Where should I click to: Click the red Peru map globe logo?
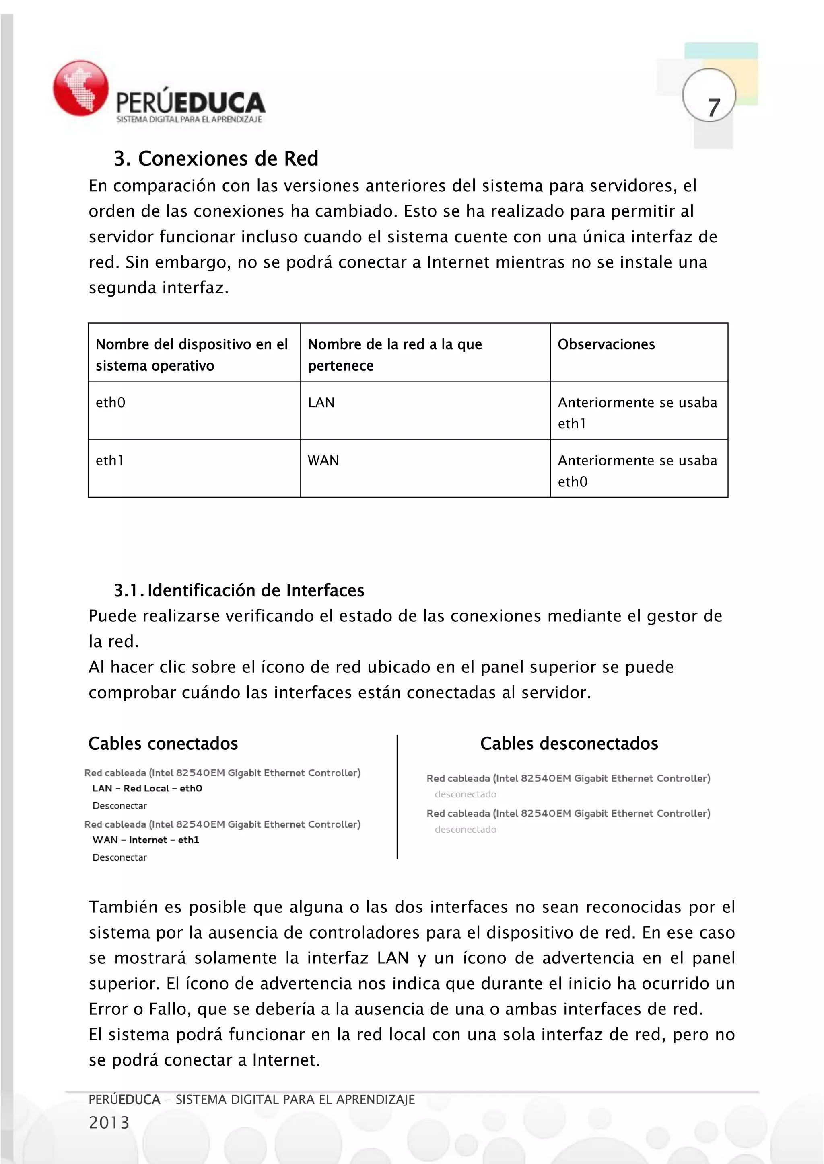pos(81,88)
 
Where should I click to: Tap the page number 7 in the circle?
pos(713,107)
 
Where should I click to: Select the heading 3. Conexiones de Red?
pos(216,159)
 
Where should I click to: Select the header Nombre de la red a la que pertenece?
pos(394,355)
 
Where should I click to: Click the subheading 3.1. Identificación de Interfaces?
pos(239,590)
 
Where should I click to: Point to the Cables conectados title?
pos(163,743)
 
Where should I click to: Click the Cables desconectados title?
pos(569,743)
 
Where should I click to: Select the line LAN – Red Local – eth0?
pos(147,788)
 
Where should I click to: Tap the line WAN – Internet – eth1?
pos(146,840)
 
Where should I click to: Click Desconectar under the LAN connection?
pos(120,805)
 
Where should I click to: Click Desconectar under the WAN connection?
pos(120,857)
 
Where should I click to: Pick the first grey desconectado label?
pos(465,794)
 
